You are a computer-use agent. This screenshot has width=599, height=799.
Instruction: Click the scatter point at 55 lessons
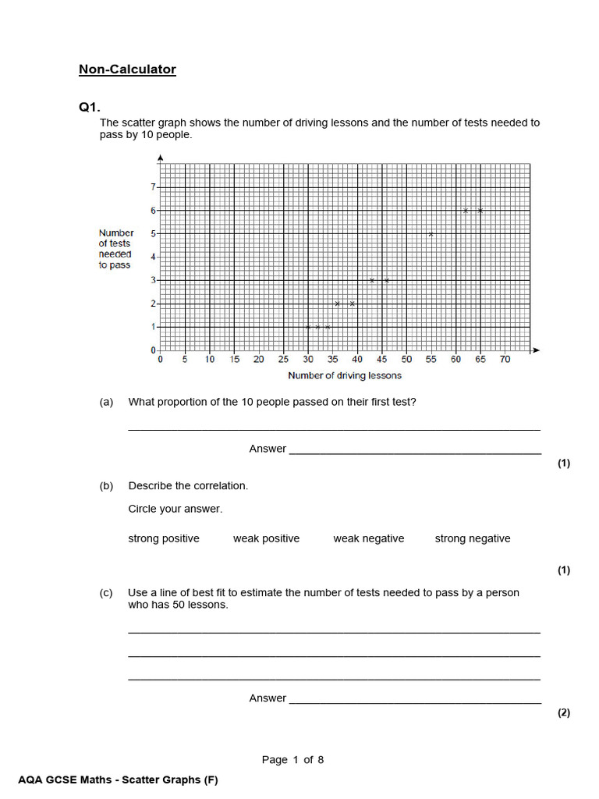(x=431, y=234)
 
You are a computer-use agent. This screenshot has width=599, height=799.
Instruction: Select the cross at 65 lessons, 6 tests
(x=480, y=211)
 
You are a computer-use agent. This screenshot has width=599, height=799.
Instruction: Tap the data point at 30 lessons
(x=308, y=327)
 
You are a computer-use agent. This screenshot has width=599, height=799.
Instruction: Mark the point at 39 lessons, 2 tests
(x=353, y=304)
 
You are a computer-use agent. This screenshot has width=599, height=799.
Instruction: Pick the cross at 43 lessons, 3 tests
(x=372, y=280)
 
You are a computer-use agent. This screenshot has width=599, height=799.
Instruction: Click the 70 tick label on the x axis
(x=505, y=360)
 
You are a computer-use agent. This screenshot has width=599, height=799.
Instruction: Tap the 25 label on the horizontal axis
(x=283, y=360)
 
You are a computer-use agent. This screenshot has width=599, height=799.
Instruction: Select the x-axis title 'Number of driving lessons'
(x=345, y=376)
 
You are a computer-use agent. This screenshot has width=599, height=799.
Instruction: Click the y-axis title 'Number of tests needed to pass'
(x=115, y=249)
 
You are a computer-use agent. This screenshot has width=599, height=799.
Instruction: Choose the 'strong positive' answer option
(x=164, y=538)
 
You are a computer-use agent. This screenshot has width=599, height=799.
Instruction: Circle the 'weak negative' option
(x=369, y=538)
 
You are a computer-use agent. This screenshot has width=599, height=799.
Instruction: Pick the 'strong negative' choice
(x=473, y=538)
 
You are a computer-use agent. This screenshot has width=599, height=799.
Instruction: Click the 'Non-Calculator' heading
(x=127, y=69)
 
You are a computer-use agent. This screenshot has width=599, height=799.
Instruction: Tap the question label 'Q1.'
(x=90, y=108)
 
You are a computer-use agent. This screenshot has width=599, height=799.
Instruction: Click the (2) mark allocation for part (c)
(x=564, y=712)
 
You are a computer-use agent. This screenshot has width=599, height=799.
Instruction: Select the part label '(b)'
(x=106, y=485)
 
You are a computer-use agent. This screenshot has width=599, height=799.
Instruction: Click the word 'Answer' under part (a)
(x=268, y=449)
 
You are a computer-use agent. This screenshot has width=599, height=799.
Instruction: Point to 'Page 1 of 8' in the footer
(x=292, y=760)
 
